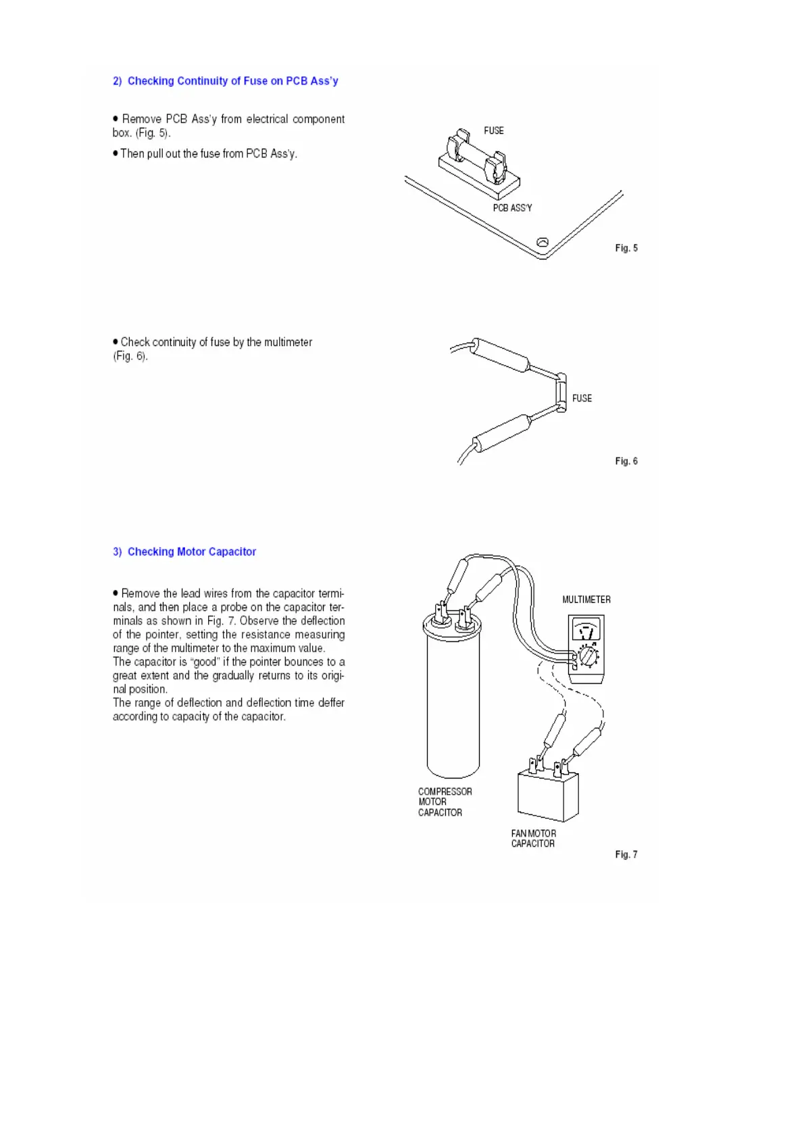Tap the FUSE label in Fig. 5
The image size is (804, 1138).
[x=493, y=130]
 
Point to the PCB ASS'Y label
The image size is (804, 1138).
[x=512, y=208]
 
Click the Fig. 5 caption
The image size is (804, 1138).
[x=626, y=248]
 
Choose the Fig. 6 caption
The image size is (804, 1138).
[x=626, y=461]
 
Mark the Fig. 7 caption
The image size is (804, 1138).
[x=626, y=854]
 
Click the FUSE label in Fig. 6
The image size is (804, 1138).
[x=582, y=399]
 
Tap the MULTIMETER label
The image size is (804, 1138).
[x=586, y=599]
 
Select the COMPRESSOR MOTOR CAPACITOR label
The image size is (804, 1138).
[x=444, y=802]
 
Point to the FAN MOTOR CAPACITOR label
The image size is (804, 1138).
[x=533, y=839]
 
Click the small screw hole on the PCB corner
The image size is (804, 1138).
[x=542, y=243]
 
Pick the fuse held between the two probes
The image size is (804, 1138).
[x=561, y=392]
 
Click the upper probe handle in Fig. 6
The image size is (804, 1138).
[x=501, y=355]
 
